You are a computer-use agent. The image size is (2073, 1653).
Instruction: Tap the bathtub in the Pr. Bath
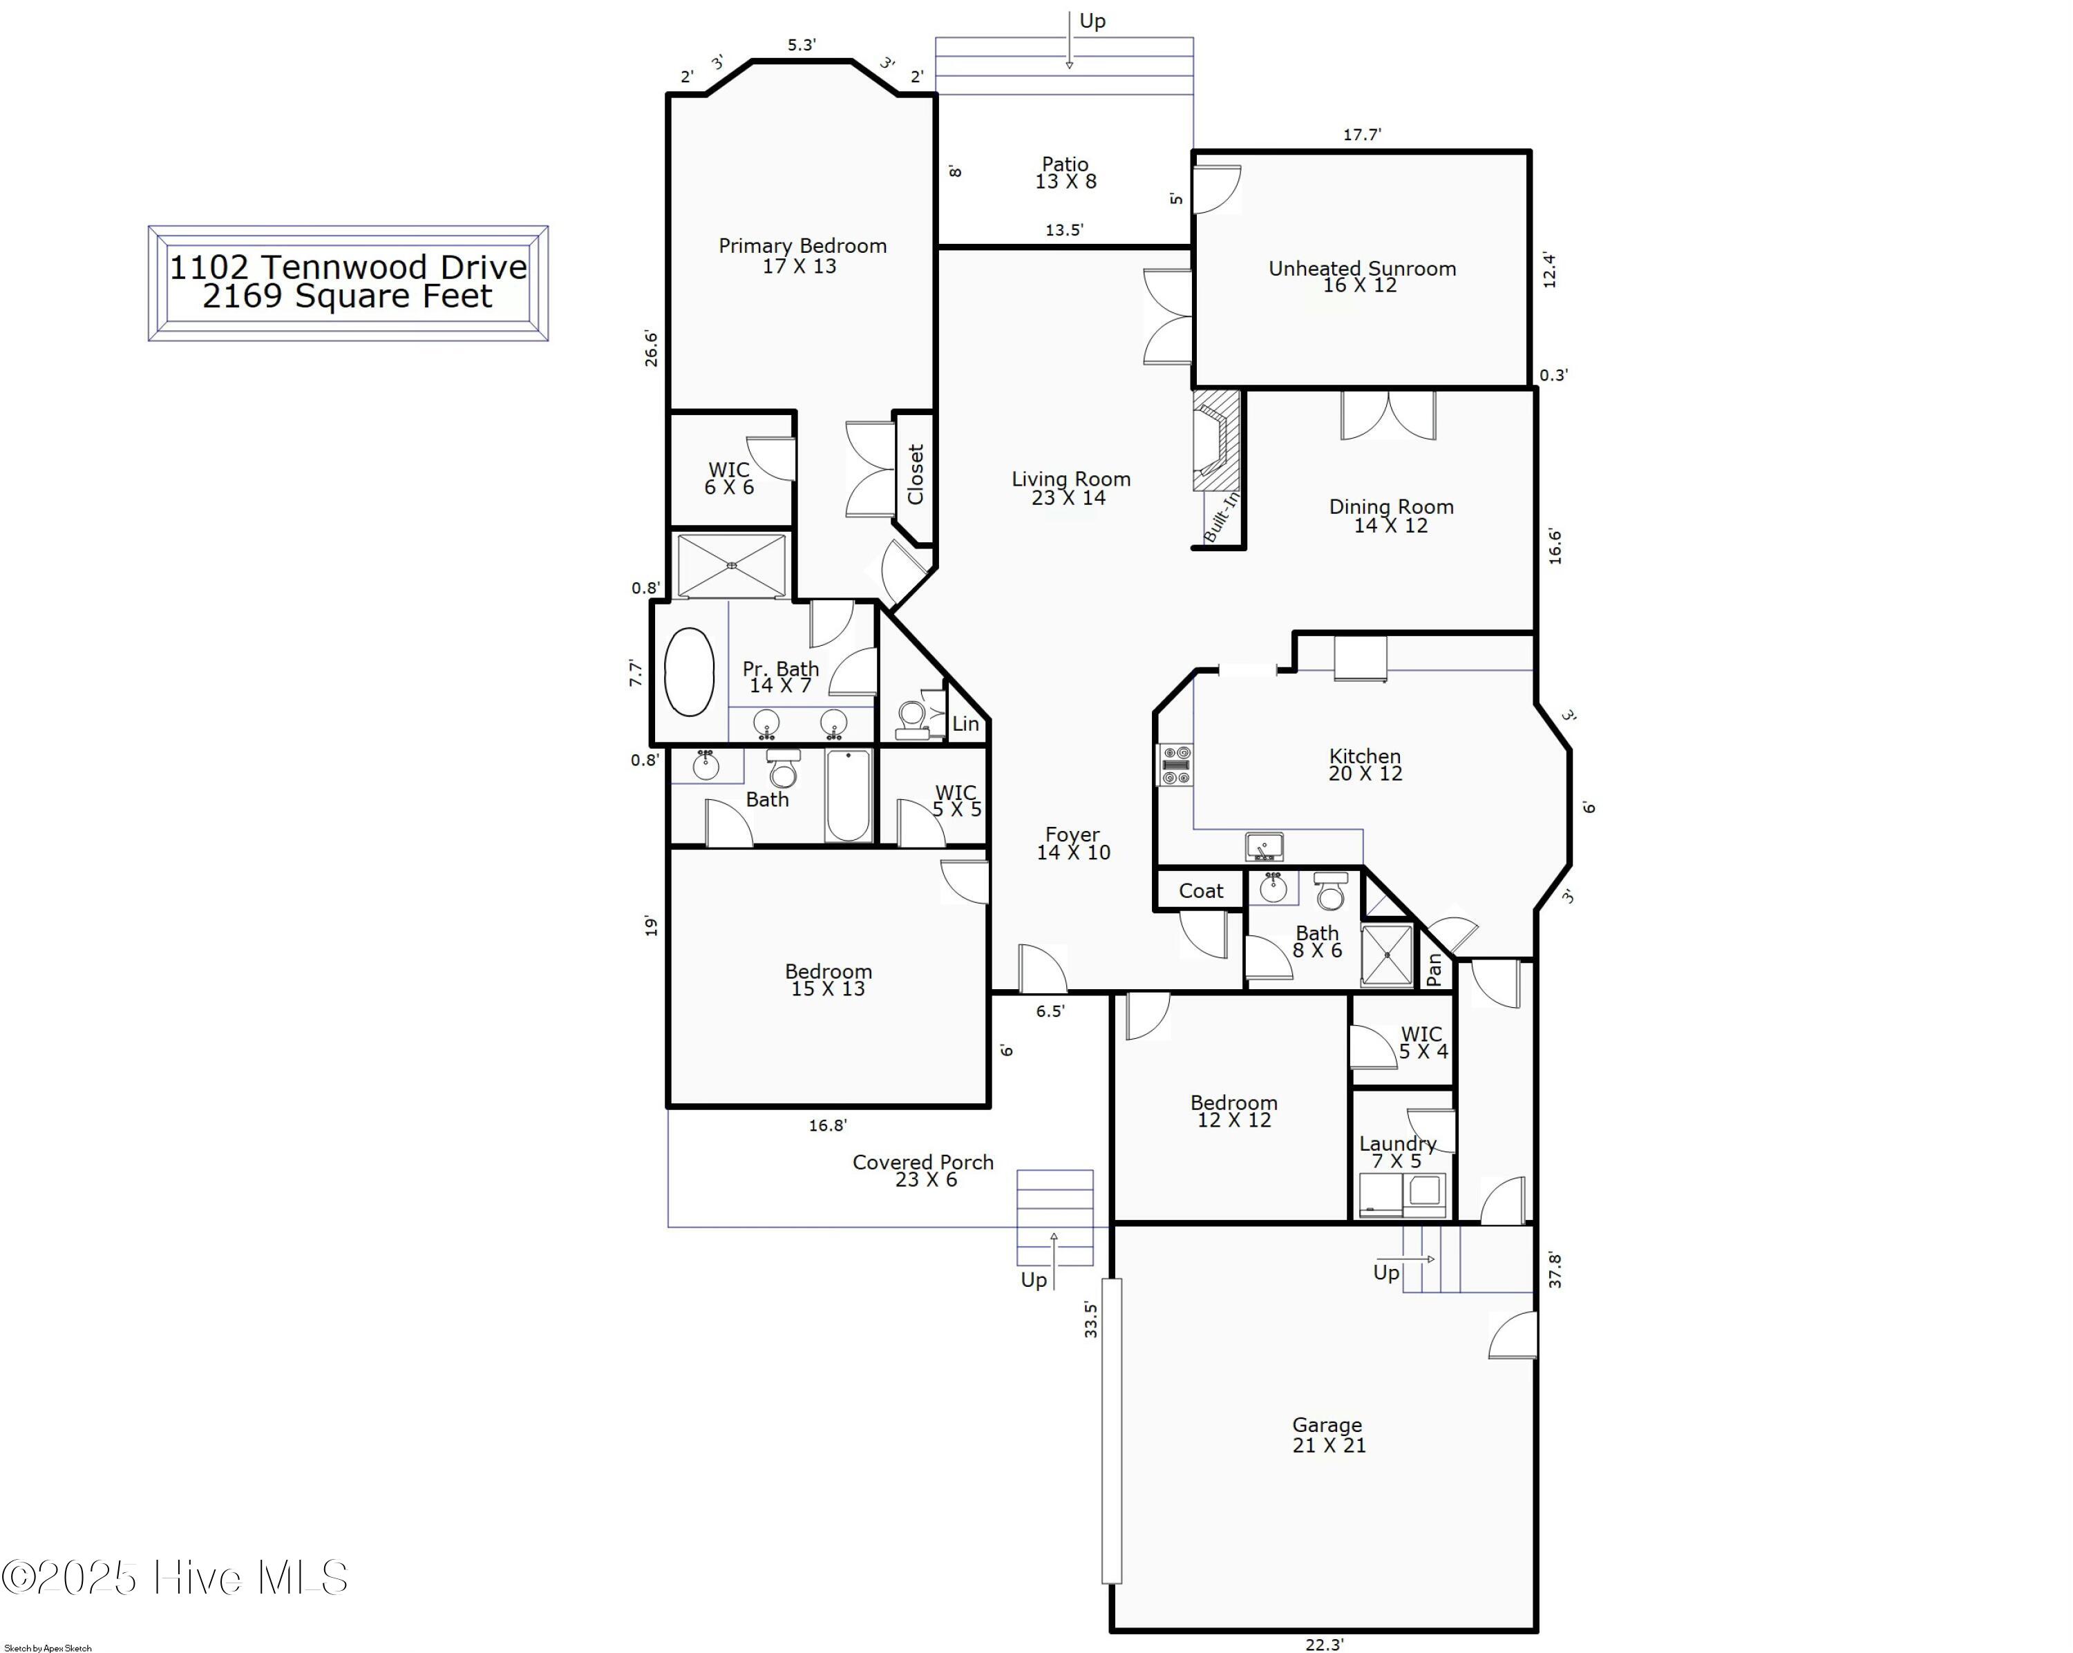(690, 672)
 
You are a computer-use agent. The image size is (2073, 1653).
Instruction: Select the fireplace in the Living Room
(1216, 441)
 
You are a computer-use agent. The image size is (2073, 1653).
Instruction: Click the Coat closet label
(1201, 891)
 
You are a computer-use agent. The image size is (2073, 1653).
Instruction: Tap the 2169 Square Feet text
(347, 296)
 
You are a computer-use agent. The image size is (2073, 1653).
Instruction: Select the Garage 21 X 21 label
(1328, 1435)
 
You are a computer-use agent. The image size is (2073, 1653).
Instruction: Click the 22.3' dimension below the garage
(1324, 1644)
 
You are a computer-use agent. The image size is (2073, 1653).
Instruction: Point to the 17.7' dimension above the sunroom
(1361, 135)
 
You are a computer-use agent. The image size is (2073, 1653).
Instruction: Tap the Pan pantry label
(1435, 970)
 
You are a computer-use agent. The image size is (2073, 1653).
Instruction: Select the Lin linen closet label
(965, 725)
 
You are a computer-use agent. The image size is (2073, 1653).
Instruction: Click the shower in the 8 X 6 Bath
(1386, 955)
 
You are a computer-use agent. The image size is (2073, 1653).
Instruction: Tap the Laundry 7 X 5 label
(1397, 1152)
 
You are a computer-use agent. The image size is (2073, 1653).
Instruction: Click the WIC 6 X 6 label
(729, 477)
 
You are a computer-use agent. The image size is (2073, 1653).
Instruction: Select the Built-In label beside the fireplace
(1221, 516)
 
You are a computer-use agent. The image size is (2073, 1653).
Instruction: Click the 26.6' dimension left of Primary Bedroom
(651, 348)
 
